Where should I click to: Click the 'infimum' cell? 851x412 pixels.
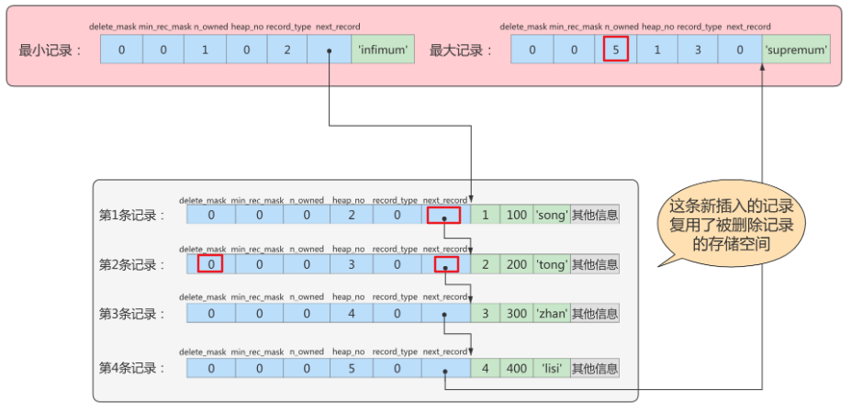point(383,49)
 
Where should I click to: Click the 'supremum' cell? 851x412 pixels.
point(796,49)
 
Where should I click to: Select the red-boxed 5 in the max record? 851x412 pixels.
point(615,49)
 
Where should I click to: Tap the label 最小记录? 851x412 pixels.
point(50,50)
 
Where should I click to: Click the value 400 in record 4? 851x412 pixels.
point(517,368)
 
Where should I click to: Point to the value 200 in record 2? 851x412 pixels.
point(517,264)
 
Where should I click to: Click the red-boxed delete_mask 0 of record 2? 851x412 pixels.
point(210,264)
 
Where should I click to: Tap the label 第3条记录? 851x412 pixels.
point(132,314)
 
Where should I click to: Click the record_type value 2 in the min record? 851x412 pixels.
point(287,49)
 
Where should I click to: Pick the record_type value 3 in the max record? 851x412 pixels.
point(699,49)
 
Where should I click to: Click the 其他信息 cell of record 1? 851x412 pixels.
point(595,215)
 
